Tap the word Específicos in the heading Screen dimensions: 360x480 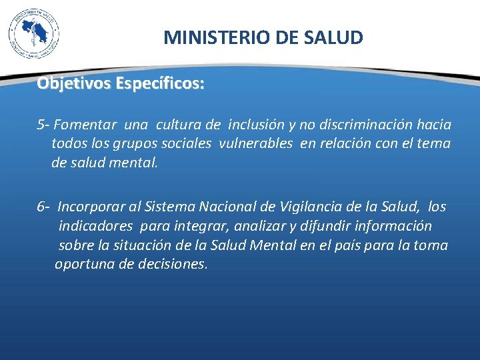[x=160, y=84]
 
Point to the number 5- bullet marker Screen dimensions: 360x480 [x=43, y=125]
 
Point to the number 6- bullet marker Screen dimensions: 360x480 [x=43, y=207]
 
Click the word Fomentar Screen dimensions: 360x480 [x=85, y=125]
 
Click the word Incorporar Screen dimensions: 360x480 [x=92, y=207]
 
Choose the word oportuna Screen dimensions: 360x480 [x=83, y=263]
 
